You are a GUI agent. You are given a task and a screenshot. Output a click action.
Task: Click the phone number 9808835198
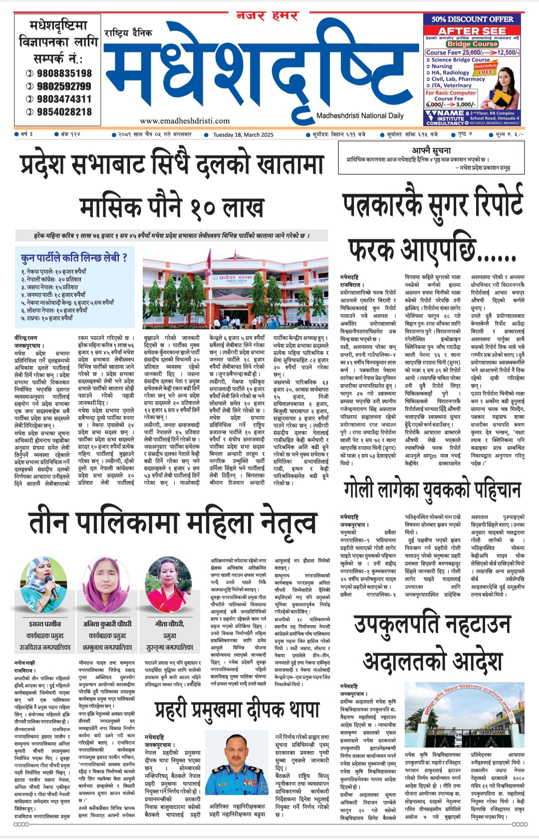point(64,73)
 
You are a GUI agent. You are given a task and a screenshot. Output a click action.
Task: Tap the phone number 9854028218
point(64,112)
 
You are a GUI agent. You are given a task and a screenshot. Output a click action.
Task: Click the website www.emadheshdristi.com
point(185,121)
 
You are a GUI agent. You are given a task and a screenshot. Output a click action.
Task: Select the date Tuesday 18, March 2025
point(243,135)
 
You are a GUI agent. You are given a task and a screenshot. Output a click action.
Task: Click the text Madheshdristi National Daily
point(360,116)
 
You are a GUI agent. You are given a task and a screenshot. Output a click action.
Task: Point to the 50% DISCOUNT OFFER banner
point(472,19)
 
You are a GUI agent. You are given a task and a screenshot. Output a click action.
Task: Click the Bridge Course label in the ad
point(472,44)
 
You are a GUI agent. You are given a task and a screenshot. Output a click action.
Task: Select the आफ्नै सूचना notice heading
point(431,150)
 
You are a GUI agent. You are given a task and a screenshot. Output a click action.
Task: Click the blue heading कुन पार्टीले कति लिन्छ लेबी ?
point(74,258)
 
